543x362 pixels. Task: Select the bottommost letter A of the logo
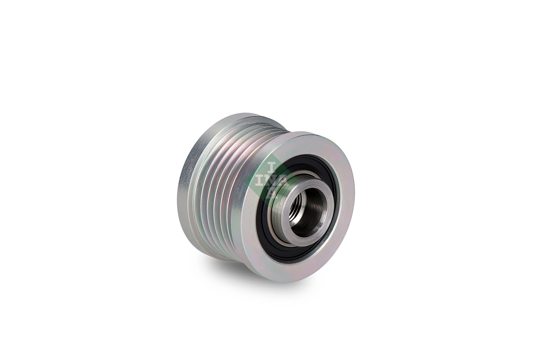(x=272, y=194)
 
